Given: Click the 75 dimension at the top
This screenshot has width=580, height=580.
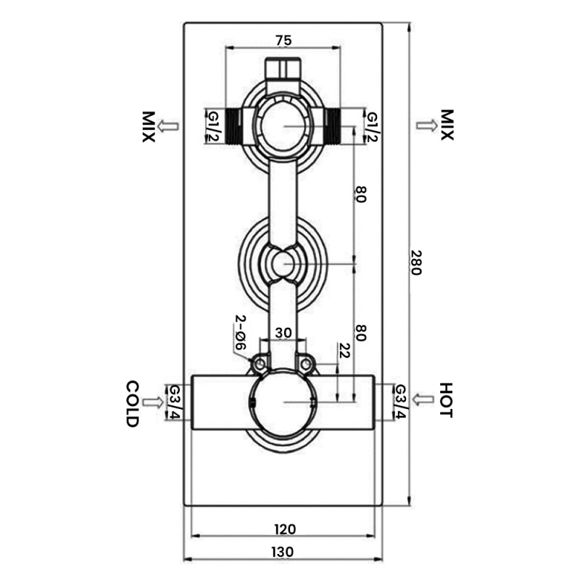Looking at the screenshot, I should click(283, 40).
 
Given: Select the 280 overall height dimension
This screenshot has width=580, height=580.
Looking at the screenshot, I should click(415, 262).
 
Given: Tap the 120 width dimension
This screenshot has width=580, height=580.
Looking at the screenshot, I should click(284, 529).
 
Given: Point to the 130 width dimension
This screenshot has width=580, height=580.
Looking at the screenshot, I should click(284, 552).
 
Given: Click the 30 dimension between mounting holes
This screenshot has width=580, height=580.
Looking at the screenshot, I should click(283, 333).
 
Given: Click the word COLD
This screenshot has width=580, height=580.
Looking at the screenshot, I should click(132, 403).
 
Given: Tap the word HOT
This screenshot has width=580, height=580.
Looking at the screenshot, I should click(445, 401).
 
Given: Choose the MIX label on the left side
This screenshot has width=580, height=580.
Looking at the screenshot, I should click(149, 126).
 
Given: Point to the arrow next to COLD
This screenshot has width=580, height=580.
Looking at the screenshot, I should click(154, 402).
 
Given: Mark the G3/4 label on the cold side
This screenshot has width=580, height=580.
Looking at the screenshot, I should click(175, 402).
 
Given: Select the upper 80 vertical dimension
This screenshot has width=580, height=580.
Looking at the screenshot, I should click(360, 194).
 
